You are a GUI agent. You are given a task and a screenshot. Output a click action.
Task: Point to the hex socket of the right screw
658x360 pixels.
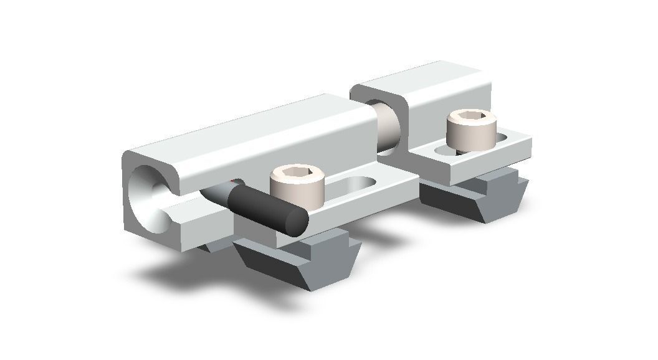tap(472, 118)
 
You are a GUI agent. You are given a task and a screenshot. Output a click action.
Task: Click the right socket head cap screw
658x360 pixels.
tap(471, 129)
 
